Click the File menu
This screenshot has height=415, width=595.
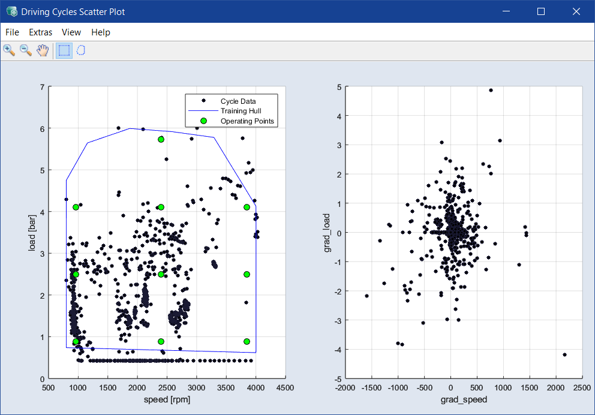pyautogui.click(x=12, y=32)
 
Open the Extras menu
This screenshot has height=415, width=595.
pyautogui.click(x=40, y=32)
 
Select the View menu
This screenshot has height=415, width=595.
pyautogui.click(x=71, y=32)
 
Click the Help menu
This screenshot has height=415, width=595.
pyautogui.click(x=101, y=32)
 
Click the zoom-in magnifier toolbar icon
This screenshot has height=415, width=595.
pyautogui.click(x=9, y=50)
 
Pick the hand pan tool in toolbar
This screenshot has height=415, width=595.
pyautogui.click(x=43, y=50)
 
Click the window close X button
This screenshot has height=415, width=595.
pyautogui.click(x=576, y=11)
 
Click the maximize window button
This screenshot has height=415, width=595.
pyautogui.click(x=541, y=11)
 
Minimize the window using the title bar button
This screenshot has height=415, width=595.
pyautogui.click(x=506, y=11)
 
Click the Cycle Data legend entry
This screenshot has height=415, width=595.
pyautogui.click(x=238, y=101)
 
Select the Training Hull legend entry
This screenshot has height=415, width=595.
pyautogui.click(x=241, y=111)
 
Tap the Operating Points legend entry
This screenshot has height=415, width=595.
pyautogui.click(x=247, y=121)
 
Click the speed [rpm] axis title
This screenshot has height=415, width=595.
pyautogui.click(x=167, y=399)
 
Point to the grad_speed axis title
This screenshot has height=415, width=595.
pyautogui.click(x=464, y=399)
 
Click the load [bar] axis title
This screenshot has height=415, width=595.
pyautogui.click(x=32, y=233)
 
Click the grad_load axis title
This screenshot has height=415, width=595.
pyautogui.click(x=327, y=233)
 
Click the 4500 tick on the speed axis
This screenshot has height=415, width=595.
pyautogui.click(x=285, y=387)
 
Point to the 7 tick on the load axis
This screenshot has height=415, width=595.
pyautogui.click(x=42, y=87)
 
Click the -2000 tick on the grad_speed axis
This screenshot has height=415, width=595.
pyautogui.click(x=345, y=387)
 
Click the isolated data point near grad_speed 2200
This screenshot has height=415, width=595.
pyautogui.click(x=564, y=355)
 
